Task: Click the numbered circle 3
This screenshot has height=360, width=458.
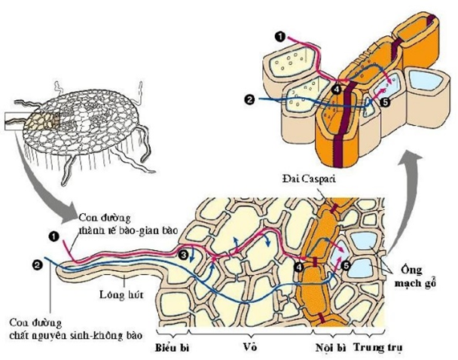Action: pos(184,255)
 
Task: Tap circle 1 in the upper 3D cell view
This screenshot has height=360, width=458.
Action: pos(279,35)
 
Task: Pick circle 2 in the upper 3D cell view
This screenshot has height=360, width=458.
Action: pos(251,99)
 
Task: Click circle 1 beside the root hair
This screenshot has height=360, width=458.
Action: pos(55,236)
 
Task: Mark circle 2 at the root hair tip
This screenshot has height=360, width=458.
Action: pos(36,264)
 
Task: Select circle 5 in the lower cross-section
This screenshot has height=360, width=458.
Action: pos(346,266)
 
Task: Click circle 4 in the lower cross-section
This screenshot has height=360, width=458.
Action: pos(301,267)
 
